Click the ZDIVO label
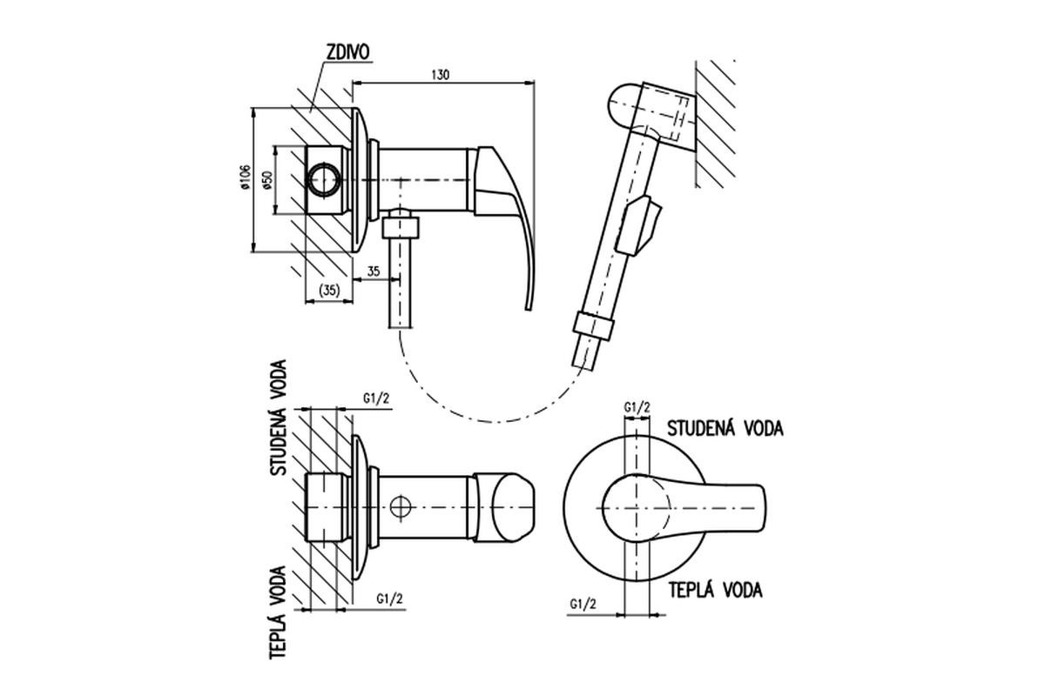click(x=347, y=52)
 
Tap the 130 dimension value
click(x=440, y=75)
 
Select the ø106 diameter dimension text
click(x=245, y=177)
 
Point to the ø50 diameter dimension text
click(x=267, y=180)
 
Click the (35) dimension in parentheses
click(x=329, y=290)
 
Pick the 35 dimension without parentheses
click(x=374, y=271)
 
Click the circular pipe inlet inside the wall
click(x=325, y=179)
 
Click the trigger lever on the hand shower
click(x=638, y=226)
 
